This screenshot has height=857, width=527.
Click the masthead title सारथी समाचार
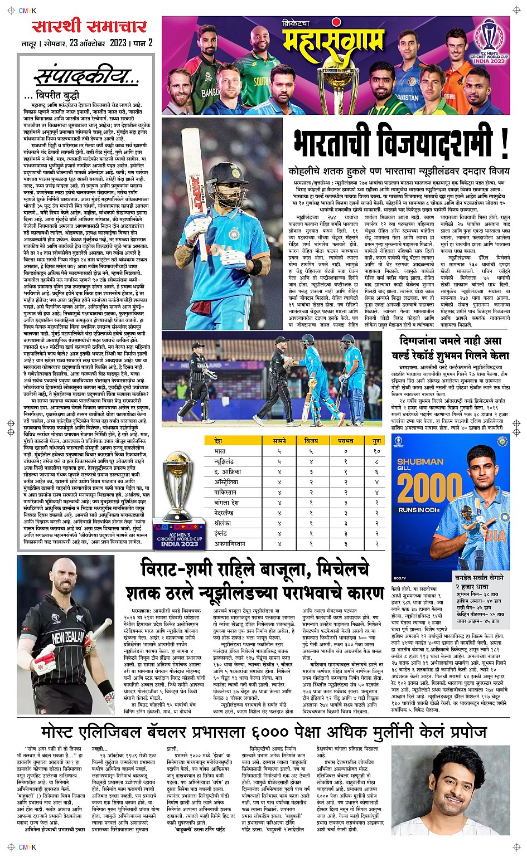point(89,26)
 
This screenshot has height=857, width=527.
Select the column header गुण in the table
point(376,441)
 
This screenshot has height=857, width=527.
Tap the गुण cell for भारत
point(376,451)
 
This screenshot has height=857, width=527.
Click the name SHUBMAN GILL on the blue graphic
point(420,464)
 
